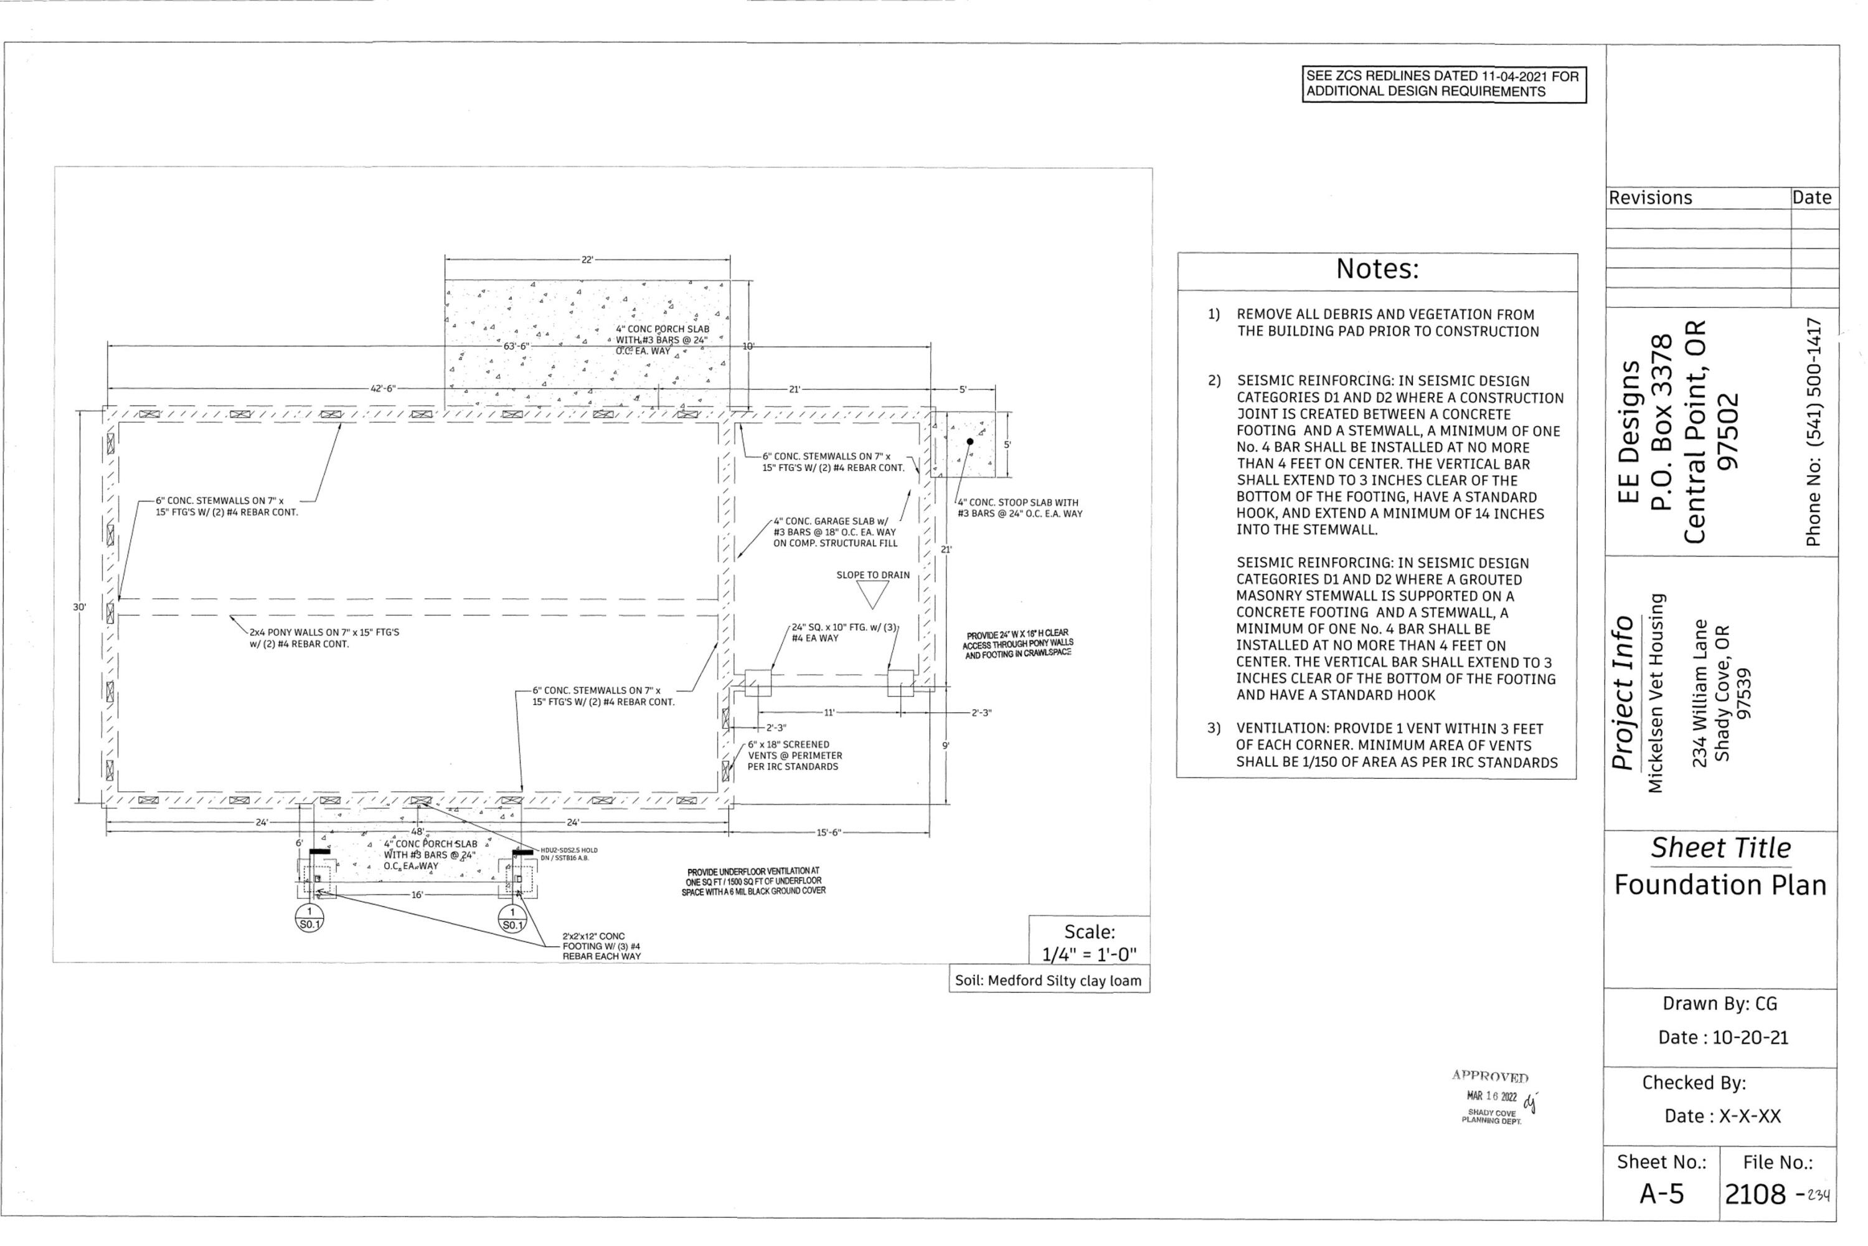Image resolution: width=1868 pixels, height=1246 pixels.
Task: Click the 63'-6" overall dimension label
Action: point(516,346)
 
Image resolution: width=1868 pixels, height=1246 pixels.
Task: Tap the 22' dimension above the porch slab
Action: point(587,260)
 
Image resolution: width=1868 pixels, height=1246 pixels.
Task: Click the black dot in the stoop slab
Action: point(969,442)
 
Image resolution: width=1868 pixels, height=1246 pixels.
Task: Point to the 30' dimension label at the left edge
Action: point(80,607)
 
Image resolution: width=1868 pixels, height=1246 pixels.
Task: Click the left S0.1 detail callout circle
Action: point(309,918)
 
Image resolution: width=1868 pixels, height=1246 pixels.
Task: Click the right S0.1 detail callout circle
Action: point(512,918)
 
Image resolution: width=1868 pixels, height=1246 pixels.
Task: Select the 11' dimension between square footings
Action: point(829,713)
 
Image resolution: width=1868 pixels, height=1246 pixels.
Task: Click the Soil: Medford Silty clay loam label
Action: point(1049,981)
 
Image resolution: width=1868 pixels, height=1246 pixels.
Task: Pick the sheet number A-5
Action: point(1661,1194)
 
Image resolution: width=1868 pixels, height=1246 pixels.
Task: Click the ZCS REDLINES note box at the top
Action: point(1443,84)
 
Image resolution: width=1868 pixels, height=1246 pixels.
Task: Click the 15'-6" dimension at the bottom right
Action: point(828,833)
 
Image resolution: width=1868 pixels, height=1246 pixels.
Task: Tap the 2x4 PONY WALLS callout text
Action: point(324,638)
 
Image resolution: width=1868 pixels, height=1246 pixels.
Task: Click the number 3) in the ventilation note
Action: point(1214,728)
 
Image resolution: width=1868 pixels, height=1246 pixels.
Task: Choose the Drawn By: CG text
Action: point(1719,1004)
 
